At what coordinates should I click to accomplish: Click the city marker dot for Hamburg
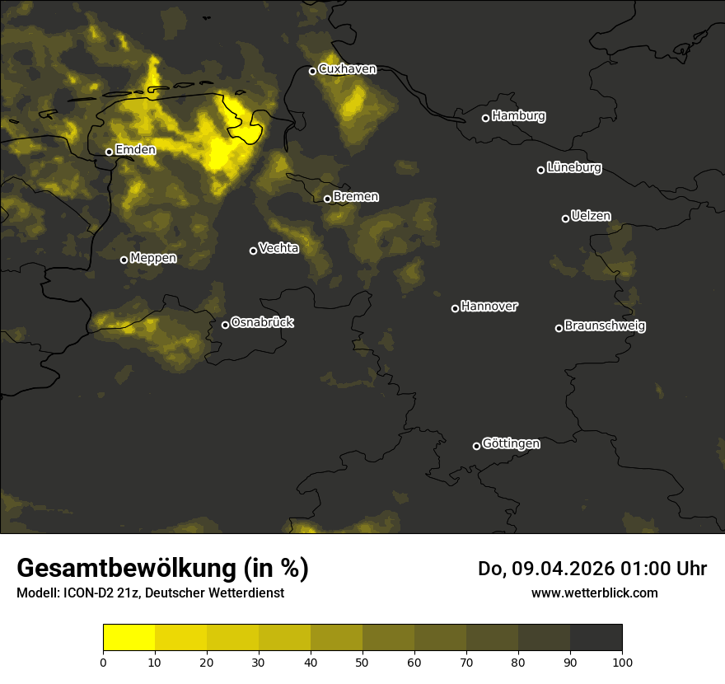[486, 118]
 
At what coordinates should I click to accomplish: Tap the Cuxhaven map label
[347, 69]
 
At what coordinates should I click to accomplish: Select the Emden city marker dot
[109, 152]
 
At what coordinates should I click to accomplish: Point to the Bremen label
[356, 197]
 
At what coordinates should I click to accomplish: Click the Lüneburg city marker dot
[541, 170]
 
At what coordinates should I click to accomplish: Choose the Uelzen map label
[591, 216]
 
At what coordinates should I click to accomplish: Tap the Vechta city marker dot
[253, 251]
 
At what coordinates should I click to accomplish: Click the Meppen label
[153, 258]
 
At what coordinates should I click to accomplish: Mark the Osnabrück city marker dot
[225, 325]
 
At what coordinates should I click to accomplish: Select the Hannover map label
[489, 307]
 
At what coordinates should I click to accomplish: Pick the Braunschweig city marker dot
[559, 328]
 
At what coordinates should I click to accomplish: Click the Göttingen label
[511, 444]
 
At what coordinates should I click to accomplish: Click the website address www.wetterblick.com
[595, 593]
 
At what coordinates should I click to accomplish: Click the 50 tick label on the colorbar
[362, 662]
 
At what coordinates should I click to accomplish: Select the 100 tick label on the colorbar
[622, 662]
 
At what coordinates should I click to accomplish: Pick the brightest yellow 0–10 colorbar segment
[129, 638]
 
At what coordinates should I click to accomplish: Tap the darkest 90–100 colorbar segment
[596, 638]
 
